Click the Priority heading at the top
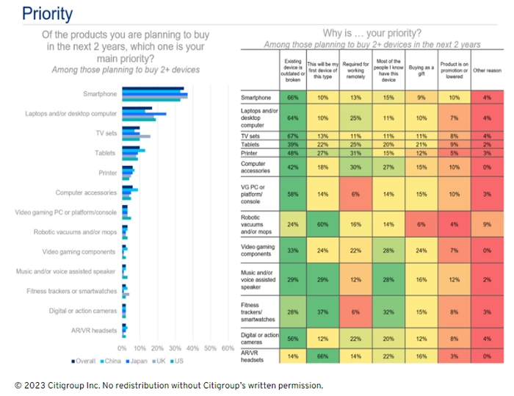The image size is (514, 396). (x=47, y=14)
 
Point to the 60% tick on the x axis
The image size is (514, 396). (x=228, y=348)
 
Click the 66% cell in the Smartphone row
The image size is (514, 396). (x=292, y=98)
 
